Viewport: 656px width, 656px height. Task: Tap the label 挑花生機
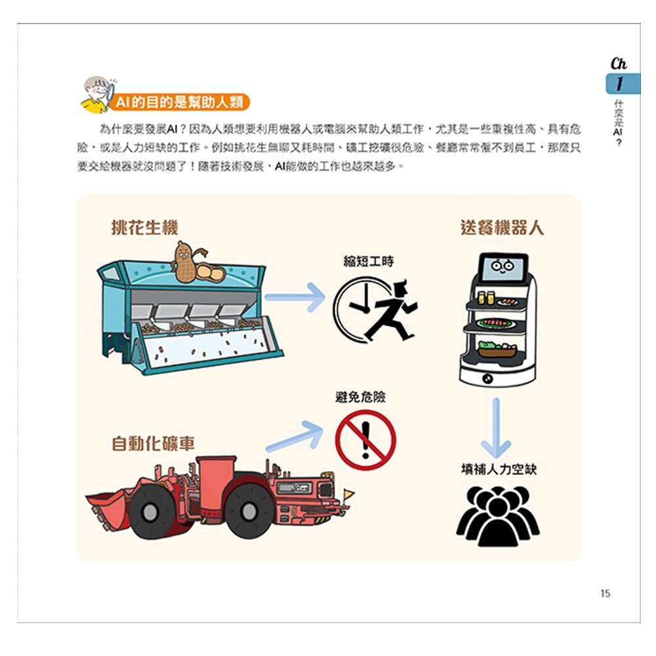click(x=144, y=228)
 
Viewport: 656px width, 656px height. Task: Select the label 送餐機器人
click(x=502, y=228)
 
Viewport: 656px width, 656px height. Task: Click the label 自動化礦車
click(x=154, y=443)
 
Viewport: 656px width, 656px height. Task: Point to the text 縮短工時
click(x=369, y=261)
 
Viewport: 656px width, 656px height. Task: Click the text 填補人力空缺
click(x=499, y=469)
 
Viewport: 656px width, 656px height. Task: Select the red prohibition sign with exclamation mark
click(x=365, y=440)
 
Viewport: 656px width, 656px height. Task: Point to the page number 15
click(x=605, y=594)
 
